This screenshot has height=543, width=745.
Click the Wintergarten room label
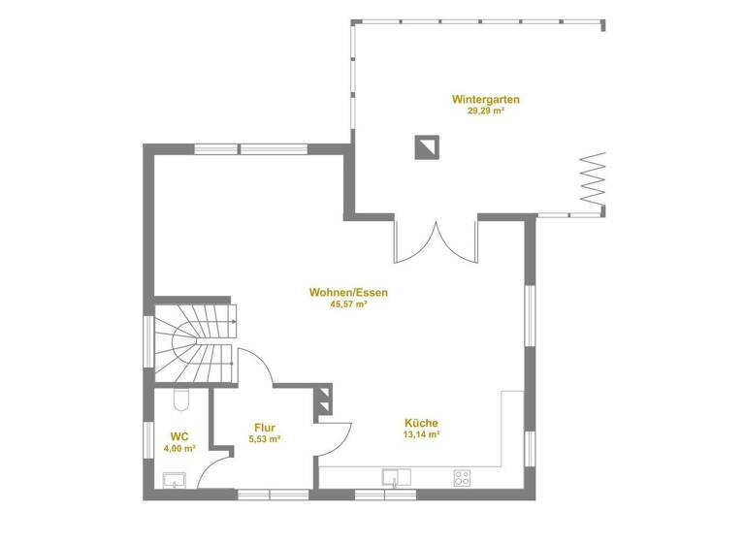486,99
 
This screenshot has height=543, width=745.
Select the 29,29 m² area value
486,112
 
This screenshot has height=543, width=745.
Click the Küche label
421,423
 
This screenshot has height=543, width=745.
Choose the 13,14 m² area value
421,435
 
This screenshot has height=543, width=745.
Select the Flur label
265,427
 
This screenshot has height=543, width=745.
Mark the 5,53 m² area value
265,439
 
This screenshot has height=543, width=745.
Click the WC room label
178,436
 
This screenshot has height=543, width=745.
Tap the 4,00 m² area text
178,449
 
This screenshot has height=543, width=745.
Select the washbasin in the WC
176,478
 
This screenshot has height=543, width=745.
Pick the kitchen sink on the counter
396,476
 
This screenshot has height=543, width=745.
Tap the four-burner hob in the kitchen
462,477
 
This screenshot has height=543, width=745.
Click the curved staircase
194,343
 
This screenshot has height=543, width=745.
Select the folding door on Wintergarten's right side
593,177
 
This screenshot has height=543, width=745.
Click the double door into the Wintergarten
435,242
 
